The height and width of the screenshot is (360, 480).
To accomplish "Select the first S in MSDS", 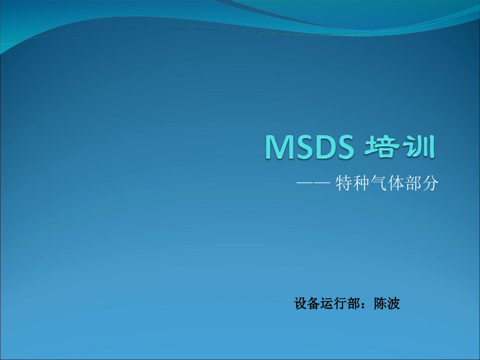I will click(303, 147).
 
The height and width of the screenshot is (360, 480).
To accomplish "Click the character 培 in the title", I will click(382, 147).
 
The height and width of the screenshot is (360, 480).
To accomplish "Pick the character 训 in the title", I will click(419, 147).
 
